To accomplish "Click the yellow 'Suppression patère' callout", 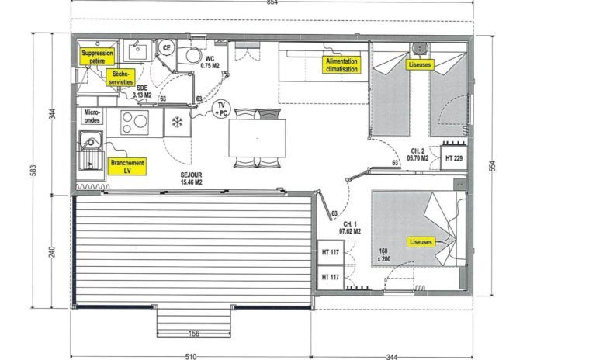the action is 97,57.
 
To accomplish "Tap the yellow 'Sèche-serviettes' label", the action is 120,78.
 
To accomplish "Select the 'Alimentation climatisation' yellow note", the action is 341,65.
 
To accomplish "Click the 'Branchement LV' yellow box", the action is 127,167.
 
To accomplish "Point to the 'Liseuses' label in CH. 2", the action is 420,64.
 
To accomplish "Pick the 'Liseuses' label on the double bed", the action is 421,242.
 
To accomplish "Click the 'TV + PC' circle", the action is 221,109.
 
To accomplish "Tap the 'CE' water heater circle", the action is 166,48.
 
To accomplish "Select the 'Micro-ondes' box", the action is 92,116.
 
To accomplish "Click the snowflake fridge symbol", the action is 177,123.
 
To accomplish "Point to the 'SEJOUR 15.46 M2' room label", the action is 191,178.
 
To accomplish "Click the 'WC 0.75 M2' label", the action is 210,62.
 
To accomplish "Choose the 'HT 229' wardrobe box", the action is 454,157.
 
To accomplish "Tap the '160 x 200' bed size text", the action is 383,255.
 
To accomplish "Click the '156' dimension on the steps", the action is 193,334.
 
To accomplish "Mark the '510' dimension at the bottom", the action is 191,357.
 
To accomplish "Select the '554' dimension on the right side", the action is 492,166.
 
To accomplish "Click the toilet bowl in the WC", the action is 192,56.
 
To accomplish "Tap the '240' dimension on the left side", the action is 53,251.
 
